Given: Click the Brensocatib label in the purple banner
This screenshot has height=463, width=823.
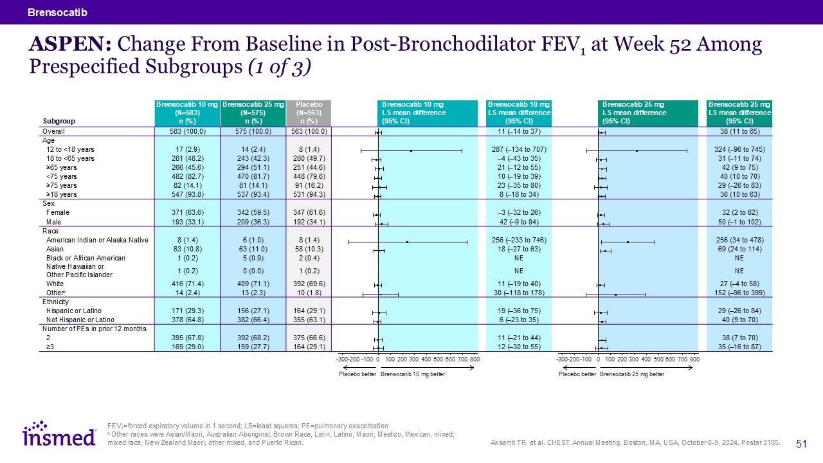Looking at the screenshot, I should point(57,12).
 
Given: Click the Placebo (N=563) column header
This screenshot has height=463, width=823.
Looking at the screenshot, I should point(308,113).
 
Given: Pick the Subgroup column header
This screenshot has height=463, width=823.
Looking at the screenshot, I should point(59,121).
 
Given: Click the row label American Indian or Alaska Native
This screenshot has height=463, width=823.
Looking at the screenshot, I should point(97,240).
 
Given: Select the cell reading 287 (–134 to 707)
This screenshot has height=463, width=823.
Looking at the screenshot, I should point(519,150).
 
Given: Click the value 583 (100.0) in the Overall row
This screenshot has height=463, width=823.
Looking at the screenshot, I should point(187,132).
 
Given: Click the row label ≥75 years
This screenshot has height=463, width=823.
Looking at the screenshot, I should point(62,185).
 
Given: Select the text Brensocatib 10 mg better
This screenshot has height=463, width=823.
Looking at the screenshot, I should point(413,374).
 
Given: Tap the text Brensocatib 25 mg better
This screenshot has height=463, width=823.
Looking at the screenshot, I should point(632,374).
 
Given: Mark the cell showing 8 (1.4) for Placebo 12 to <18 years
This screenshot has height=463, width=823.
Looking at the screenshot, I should point(308,150).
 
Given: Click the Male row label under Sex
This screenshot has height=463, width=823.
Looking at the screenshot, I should point(55,222).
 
